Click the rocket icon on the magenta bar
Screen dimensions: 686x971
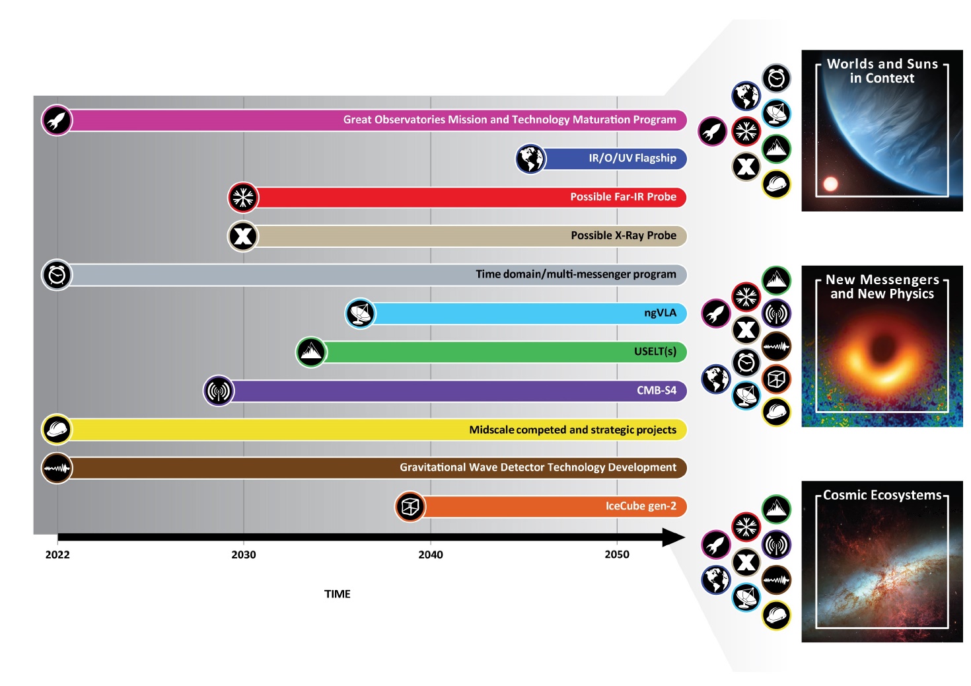57,120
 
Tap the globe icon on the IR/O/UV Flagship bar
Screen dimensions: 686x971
530,159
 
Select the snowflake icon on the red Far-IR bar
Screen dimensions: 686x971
243,198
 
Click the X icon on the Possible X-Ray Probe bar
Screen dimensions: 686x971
243,236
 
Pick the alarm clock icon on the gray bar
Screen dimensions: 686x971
57,275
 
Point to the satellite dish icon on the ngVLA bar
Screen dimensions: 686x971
361,313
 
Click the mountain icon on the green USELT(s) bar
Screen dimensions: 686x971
311,352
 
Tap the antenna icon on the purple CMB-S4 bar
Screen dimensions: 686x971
219,391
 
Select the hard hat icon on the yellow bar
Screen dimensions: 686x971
57,430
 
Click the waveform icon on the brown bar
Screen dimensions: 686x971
57,469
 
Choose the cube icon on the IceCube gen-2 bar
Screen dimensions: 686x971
410,507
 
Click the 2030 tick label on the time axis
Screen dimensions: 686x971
243,554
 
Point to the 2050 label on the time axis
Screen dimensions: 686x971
617,554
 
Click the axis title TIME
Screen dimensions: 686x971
337,594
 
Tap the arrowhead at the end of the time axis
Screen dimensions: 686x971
674,537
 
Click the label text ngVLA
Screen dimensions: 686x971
660,313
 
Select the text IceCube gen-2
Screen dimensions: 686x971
641,506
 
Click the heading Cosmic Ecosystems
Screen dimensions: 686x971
882,495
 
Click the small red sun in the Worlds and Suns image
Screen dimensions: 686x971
830,184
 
